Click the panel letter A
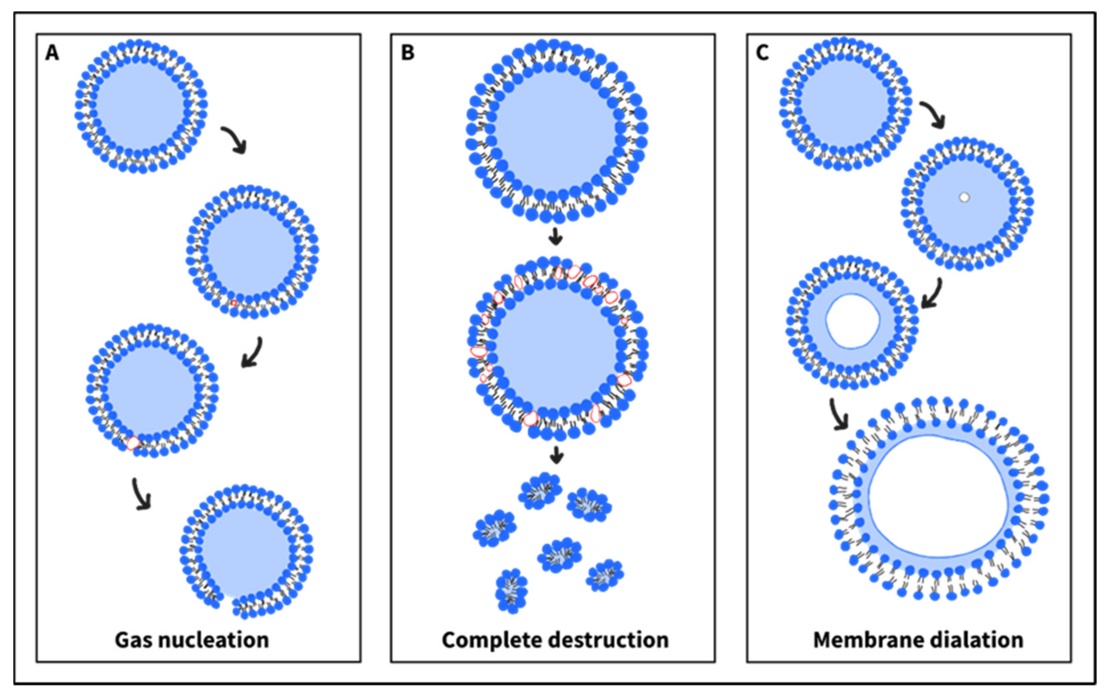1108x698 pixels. [x=52, y=54]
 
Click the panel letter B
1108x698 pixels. [x=408, y=54]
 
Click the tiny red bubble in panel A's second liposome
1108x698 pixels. [x=234, y=303]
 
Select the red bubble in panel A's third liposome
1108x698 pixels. [x=133, y=443]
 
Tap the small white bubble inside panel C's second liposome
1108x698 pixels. [x=965, y=197]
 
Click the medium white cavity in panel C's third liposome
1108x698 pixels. [x=853, y=321]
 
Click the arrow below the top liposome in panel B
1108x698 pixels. [x=556, y=238]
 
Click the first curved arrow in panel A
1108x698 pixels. [x=234, y=140]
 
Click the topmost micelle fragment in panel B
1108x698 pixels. [x=540, y=490]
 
